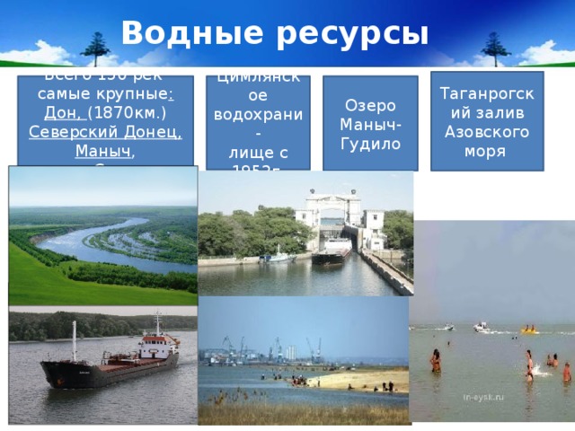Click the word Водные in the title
(180, 32)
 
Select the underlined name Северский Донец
(106, 133)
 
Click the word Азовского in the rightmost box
(487, 133)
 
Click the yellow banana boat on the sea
(529, 330)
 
